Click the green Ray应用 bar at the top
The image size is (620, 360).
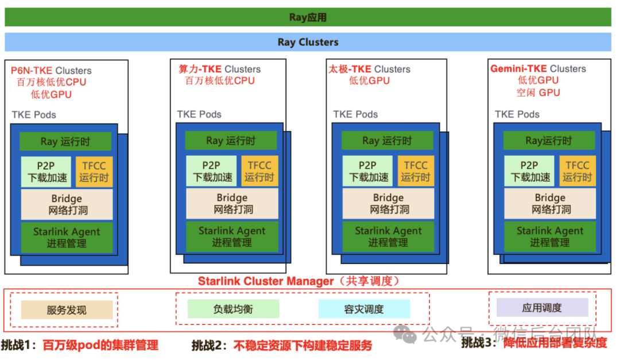308,17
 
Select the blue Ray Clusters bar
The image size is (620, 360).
308,42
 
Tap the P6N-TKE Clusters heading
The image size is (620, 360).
51,71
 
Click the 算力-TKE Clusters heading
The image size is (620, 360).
219,69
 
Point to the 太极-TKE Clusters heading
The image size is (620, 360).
369,69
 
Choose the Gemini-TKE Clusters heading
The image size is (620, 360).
538,69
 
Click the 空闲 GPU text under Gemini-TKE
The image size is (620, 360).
538,92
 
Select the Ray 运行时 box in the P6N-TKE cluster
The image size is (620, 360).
65,142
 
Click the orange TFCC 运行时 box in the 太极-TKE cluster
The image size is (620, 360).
415,171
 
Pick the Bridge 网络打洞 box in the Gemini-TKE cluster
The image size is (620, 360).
551,204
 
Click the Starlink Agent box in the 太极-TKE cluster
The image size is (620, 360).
388,237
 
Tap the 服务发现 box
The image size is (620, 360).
67,310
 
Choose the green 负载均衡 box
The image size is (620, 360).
233,309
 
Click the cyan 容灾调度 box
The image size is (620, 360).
364,309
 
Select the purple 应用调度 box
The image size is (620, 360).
542,308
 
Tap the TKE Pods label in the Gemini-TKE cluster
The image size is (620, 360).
517,114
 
